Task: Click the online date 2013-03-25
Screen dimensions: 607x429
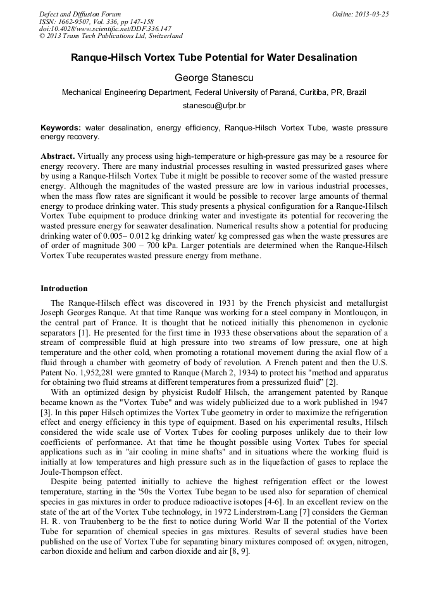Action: coord(371,14)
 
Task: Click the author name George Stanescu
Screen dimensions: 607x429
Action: coord(214,77)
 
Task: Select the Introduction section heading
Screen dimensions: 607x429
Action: coord(64,289)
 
